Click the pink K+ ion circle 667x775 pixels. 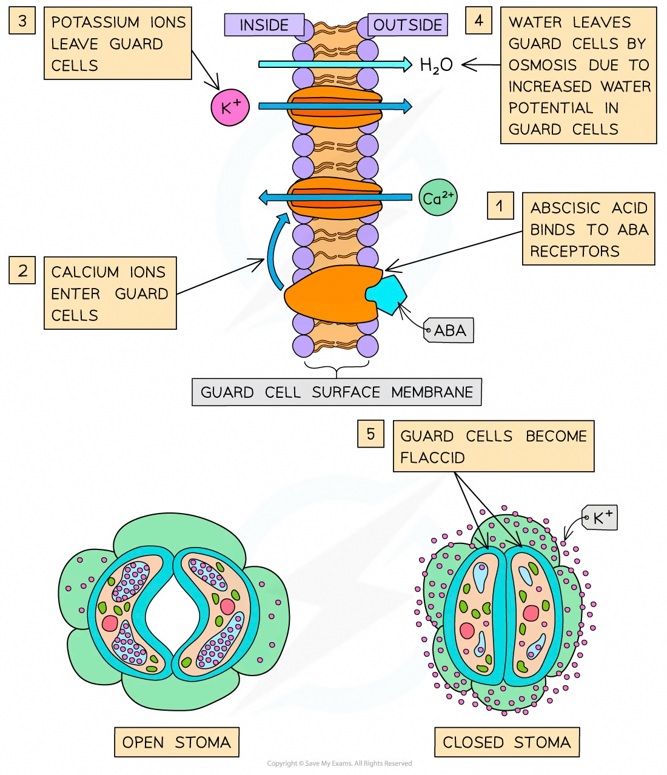pyautogui.click(x=230, y=108)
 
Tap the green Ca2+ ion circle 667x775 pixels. pyautogui.click(x=438, y=198)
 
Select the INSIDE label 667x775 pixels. pyautogui.click(x=264, y=25)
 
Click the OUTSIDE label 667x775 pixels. pyautogui.click(x=407, y=25)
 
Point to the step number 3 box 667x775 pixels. pyautogui.click(x=22, y=21)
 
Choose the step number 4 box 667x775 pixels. pyautogui.click(x=479, y=21)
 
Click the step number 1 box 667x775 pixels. pyautogui.click(x=500, y=206)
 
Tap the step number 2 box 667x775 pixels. pyautogui.click(x=22, y=270)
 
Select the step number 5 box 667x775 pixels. pyautogui.click(x=370, y=434)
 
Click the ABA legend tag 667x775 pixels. pyautogui.click(x=449, y=330)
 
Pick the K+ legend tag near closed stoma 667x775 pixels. pyautogui.click(x=600, y=517)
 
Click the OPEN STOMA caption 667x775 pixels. pyautogui.click(x=176, y=742)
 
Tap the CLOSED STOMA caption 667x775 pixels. pyautogui.click(x=507, y=742)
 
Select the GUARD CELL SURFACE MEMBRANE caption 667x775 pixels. pyautogui.click(x=337, y=392)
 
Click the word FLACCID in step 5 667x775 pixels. pyautogui.click(x=432, y=457)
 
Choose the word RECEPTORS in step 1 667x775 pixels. pyautogui.click(x=575, y=251)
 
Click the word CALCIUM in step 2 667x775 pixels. pyautogui.click(x=85, y=272)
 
